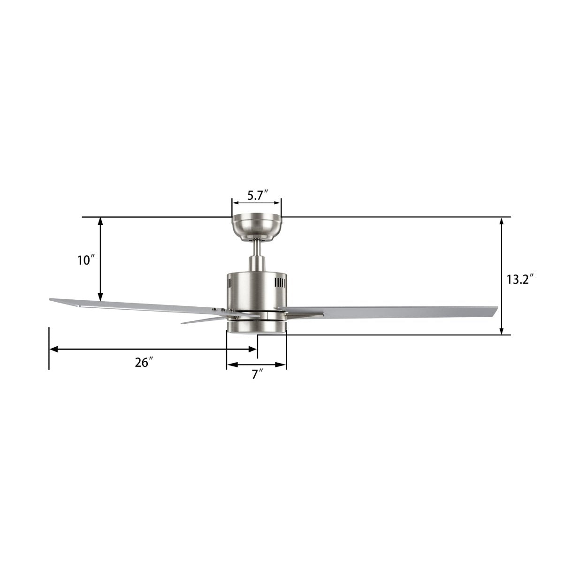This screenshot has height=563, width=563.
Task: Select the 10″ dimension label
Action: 86,260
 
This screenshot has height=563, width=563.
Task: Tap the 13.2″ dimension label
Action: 520,280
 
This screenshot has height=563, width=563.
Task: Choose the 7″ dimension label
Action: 257,374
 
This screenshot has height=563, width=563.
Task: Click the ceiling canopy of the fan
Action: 257,227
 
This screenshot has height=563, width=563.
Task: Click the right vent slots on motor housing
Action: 280,283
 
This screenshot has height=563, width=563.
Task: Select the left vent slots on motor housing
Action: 230,283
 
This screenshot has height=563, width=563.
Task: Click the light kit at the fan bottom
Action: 256,327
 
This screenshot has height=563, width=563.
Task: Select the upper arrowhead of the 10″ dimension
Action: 100,221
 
